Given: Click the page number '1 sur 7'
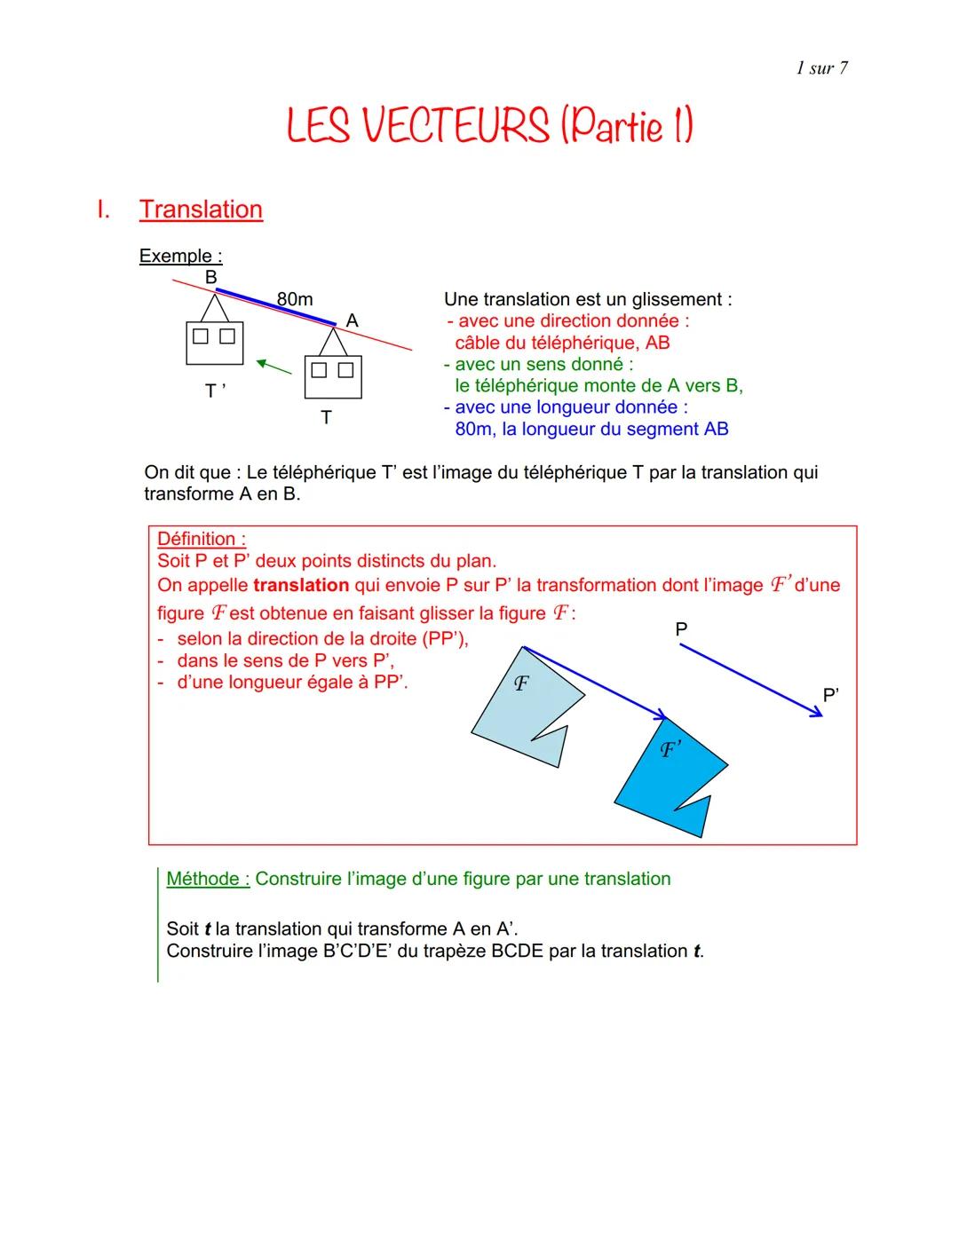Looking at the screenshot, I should (x=821, y=68).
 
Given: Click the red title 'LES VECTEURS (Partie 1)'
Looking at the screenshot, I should (x=489, y=126).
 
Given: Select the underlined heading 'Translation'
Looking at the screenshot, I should (x=201, y=209).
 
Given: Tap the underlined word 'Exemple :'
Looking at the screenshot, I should (x=180, y=256).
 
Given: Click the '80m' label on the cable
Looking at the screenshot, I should (x=295, y=299).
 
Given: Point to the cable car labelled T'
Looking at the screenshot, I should (x=214, y=342).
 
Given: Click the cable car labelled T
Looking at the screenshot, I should (x=333, y=376).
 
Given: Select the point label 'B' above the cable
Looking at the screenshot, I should (x=210, y=277).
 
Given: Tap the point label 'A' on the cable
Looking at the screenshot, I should (x=352, y=320).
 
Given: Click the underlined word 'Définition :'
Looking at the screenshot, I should (x=202, y=539).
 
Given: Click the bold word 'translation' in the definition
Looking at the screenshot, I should (x=300, y=586).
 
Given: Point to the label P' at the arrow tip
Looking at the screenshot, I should (x=830, y=695).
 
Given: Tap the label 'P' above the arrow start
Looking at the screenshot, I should (x=681, y=629).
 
